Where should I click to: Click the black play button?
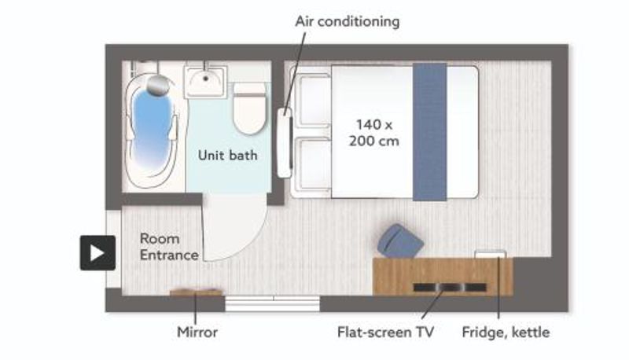pos(97,252)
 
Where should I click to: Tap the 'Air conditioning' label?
pos(348,21)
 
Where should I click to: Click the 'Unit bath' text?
pos(228,155)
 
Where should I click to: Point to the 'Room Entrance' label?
pos(169,247)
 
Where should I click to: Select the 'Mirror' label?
pos(197,332)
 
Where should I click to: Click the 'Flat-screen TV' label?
pos(385,332)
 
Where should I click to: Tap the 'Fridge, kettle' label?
pos(506,332)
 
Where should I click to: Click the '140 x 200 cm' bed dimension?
pos(374,133)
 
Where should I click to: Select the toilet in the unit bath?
pos(249,109)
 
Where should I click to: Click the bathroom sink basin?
pos(205,82)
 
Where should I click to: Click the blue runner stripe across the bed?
pos(429,131)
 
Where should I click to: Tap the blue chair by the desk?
pos(400,241)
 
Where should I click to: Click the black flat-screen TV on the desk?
pos(450,287)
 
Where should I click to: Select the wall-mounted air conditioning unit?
pos(285,143)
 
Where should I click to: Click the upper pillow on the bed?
pos(312,101)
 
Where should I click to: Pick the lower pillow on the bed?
pos(312,164)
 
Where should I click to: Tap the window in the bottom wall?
pos(272,303)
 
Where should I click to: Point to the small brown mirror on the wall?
pos(196,292)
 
